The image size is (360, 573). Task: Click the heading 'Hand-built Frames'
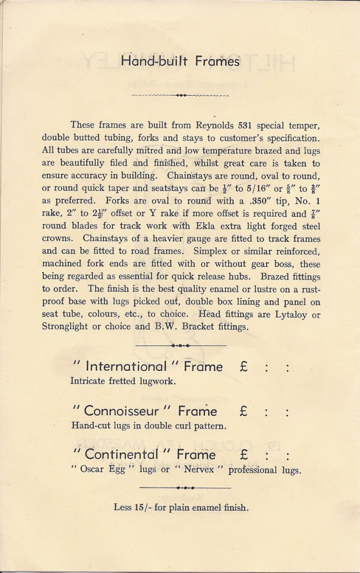pyautogui.click(x=180, y=61)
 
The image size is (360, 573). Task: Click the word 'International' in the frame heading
pyautogui.click(x=126, y=367)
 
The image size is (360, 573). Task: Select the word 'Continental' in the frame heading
pyautogui.click(x=121, y=454)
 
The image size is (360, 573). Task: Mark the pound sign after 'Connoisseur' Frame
pyautogui.click(x=243, y=411)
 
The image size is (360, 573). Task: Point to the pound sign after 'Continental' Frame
pyautogui.click(x=243, y=454)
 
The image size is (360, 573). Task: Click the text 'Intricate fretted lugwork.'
pyautogui.click(x=123, y=381)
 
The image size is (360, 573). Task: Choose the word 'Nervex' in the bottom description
pyautogui.click(x=199, y=470)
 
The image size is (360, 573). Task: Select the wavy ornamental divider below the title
pyautogui.click(x=180, y=96)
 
